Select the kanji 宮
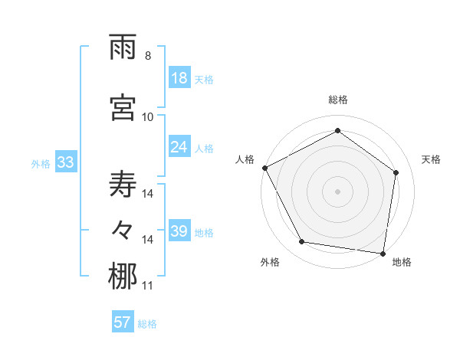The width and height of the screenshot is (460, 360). tap(123, 108)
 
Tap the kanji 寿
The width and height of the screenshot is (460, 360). tap(123, 185)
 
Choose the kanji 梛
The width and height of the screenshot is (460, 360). tap(123, 277)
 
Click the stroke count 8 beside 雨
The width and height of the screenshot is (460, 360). tap(148, 56)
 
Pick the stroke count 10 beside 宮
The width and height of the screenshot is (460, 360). tap(148, 116)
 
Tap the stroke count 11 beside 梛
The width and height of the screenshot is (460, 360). tap(148, 286)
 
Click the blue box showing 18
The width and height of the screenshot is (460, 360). tap(179, 79)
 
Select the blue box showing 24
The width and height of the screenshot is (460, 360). tap(179, 147)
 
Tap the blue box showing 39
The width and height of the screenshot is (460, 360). tap(179, 231)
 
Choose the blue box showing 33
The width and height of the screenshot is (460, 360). tap(65, 163)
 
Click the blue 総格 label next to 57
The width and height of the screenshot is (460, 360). tap(147, 324)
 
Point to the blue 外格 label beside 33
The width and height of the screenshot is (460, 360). tap(41, 164)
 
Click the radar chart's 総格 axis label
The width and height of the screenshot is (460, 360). tap(338, 100)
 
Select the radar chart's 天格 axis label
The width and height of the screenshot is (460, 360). tap(432, 159)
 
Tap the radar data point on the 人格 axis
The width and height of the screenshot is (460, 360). tap(265, 168)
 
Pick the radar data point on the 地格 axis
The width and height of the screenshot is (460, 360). tap(383, 253)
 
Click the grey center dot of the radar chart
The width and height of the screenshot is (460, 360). tap(338, 191)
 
